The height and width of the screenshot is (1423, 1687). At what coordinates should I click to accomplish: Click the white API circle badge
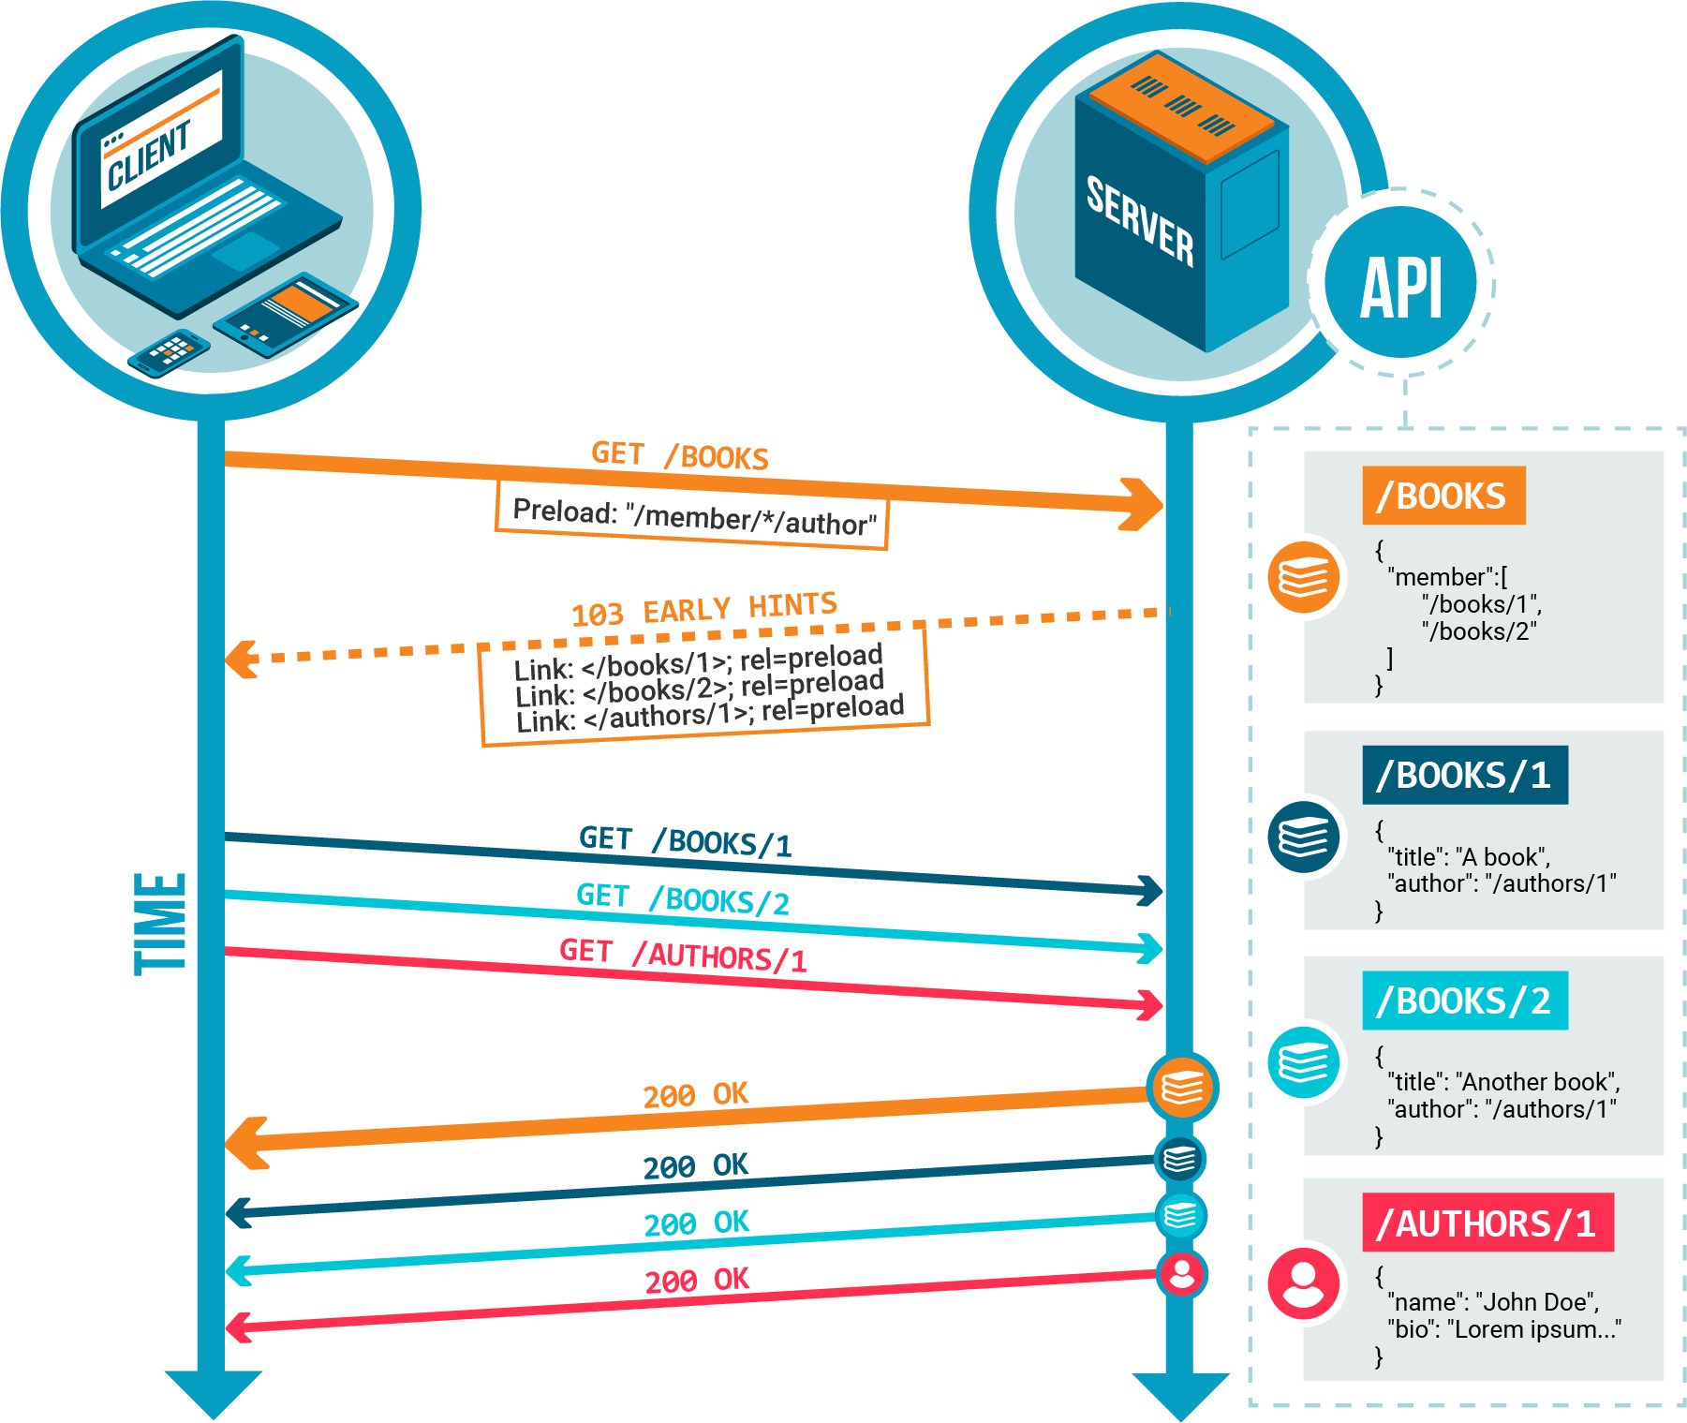(1401, 284)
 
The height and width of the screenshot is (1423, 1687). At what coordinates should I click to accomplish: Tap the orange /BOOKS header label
(1443, 496)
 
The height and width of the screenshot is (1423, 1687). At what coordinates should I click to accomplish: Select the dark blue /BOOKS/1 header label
(1464, 776)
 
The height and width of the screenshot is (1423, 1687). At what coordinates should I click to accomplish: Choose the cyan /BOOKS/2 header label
(1464, 1001)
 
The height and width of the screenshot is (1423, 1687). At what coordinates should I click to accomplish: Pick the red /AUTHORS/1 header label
(1487, 1223)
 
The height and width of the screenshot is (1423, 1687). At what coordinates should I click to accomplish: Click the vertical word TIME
(161, 924)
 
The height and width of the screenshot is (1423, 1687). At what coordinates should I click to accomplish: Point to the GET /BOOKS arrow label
(679, 455)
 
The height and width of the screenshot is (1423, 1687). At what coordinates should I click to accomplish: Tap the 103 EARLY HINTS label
(703, 610)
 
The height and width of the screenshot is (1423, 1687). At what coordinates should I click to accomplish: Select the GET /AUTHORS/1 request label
(682, 955)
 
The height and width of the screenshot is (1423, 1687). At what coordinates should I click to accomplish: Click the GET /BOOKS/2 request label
(682, 898)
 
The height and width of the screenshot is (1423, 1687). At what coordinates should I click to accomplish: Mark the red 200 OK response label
(696, 1281)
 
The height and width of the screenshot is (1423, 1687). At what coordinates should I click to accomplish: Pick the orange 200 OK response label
(695, 1094)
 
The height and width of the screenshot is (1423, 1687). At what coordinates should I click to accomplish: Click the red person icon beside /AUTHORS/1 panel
(1303, 1282)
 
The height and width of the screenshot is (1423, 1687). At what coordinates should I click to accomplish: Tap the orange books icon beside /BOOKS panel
(1303, 576)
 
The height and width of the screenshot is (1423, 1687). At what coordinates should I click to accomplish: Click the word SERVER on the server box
(1140, 221)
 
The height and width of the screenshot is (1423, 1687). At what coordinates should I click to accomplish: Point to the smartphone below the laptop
(170, 352)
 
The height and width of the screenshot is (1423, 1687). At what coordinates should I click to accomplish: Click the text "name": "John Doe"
(1495, 1302)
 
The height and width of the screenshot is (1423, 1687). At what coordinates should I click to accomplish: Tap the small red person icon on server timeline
(1182, 1274)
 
